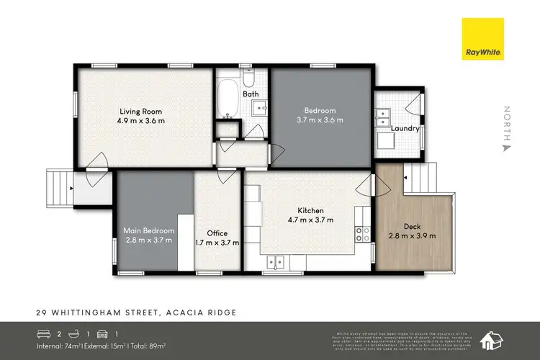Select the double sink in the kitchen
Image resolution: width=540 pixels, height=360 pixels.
278,261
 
